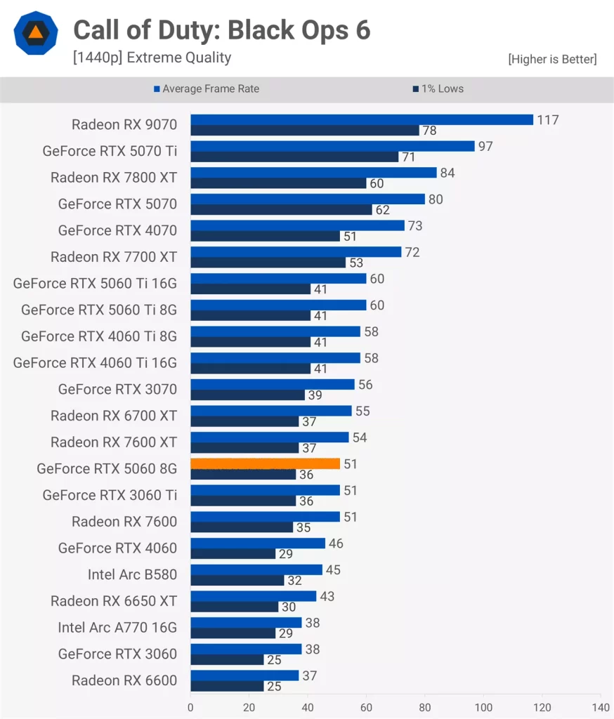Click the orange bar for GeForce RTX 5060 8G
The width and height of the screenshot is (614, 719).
coord(265,463)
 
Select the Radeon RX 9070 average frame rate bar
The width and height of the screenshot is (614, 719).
coord(362,119)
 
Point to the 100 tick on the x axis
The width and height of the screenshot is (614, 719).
coord(483,706)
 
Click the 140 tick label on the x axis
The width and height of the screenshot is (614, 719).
coord(601,706)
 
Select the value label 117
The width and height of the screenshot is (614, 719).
coord(548,120)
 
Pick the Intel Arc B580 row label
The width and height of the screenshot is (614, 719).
coord(132,574)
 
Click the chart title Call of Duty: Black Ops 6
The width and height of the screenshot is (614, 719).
coord(222,30)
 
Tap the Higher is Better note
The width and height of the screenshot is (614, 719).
coord(552,60)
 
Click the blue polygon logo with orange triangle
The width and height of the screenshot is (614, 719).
coord(34,33)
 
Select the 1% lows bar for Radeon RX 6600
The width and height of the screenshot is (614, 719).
coord(227,685)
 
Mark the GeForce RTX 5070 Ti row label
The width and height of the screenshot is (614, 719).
coord(110,151)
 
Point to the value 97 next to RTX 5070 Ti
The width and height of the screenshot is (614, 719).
coord(485,147)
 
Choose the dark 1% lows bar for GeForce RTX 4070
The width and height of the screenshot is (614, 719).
coord(265,236)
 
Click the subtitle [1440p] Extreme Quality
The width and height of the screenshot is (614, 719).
coord(152,58)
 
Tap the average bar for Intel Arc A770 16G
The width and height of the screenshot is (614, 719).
coord(246,622)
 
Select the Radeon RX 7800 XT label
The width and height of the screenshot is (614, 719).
coord(114,178)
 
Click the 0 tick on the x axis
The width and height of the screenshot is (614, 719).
coord(190,706)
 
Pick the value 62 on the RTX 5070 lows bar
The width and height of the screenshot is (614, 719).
coord(383,209)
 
